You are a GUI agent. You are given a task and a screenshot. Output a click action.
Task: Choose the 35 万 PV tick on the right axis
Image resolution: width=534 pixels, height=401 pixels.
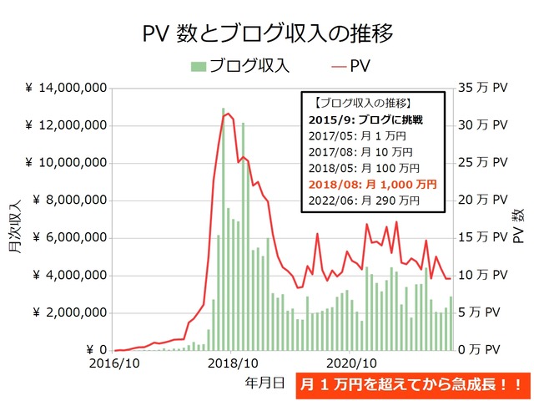pyautogui.click(x=483, y=88)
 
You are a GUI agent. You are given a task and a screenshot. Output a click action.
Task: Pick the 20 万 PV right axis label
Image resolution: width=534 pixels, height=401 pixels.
pyautogui.click(x=483, y=200)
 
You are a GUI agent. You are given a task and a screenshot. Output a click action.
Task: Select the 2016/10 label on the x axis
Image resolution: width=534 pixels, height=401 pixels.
pyautogui.click(x=114, y=364)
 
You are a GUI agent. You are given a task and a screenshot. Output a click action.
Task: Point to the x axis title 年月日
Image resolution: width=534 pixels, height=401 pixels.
pyautogui.click(x=264, y=382)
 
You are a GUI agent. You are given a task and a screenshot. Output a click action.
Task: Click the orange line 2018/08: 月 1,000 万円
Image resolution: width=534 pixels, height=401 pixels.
pyautogui.click(x=371, y=184)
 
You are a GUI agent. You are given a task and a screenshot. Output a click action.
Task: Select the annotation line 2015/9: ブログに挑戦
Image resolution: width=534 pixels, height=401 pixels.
pyautogui.click(x=365, y=120)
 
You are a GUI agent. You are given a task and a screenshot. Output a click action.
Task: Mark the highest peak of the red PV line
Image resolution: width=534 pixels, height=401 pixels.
pyautogui.click(x=227, y=113)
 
